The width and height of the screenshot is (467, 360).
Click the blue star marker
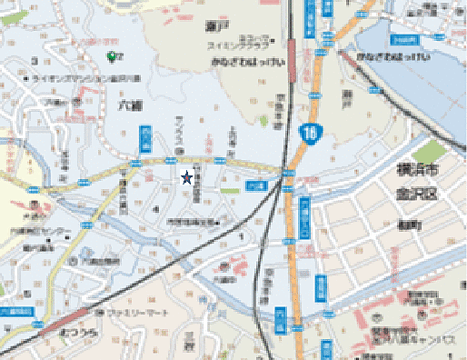point(187,178)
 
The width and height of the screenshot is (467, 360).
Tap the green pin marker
point(112,57)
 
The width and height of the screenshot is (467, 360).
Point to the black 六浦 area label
point(130,106)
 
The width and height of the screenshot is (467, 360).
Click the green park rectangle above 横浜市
point(434,150)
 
